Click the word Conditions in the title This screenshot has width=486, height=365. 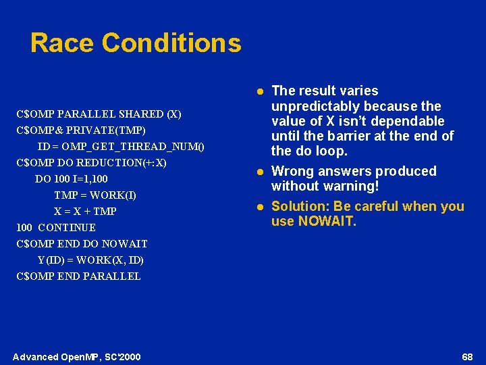pos(171,43)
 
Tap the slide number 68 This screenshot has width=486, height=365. pos(467,356)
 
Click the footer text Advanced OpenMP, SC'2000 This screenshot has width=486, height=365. pos(76,356)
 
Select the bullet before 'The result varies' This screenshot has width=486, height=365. pos(259,91)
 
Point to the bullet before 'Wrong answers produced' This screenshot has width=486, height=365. pos(259,172)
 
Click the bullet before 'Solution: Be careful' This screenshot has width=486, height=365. pos(259,207)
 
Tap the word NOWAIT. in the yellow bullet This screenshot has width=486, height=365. pos(328,221)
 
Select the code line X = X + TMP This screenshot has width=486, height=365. pos(85,212)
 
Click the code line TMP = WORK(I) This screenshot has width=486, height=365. pos(95,195)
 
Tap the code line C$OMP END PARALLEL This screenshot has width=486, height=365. pos(78,276)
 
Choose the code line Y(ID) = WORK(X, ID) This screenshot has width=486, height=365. pos(90,260)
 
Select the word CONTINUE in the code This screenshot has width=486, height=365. pos(67,228)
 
